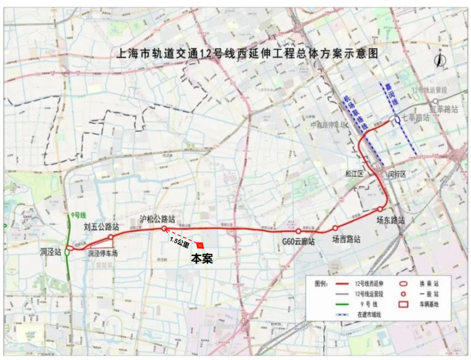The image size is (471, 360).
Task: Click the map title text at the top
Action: tap(246, 54)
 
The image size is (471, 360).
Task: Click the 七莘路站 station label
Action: tap(415, 118)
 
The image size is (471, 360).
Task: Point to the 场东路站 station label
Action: tap(391, 220)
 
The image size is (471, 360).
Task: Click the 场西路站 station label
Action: tap(346, 239)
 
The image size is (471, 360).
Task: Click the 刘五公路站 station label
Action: tap(102, 227)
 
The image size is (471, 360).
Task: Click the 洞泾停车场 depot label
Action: tap(103, 253)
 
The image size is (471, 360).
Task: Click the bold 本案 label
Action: tap(202, 258)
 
